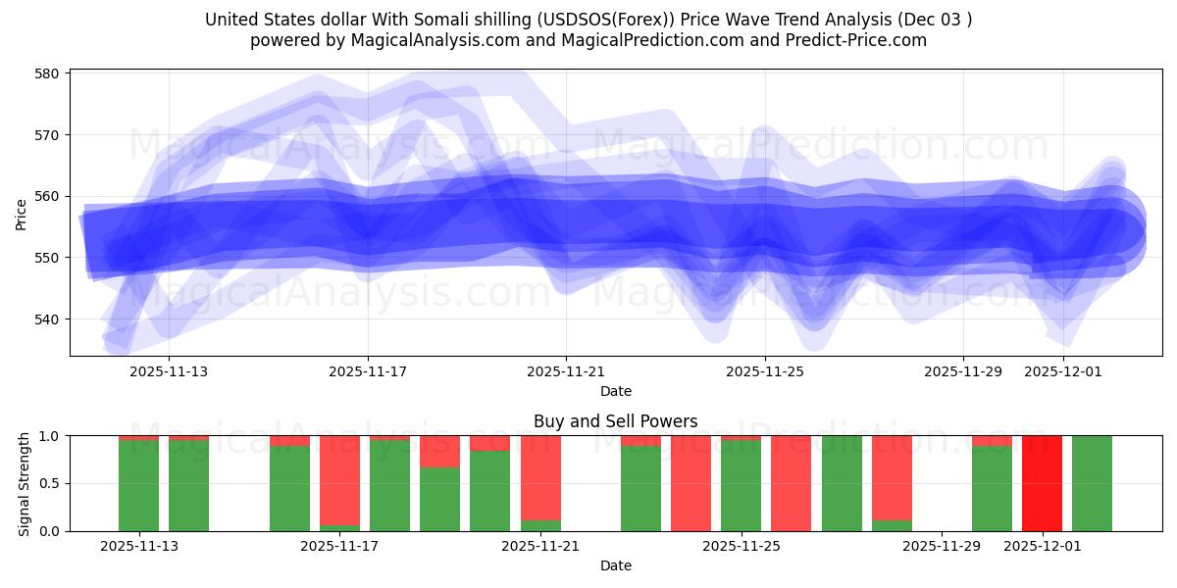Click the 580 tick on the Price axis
48,73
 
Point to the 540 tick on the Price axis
48,319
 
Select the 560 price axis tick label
48,196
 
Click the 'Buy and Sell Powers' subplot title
615,421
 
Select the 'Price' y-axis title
22,214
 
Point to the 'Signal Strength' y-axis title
26,483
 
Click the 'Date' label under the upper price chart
615,391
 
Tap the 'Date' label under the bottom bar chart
615,565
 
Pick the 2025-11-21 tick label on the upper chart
566,371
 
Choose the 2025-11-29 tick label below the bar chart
941,546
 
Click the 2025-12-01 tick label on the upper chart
1063,371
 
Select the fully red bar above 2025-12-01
1042,483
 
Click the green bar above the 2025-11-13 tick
138,485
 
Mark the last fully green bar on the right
1092,483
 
